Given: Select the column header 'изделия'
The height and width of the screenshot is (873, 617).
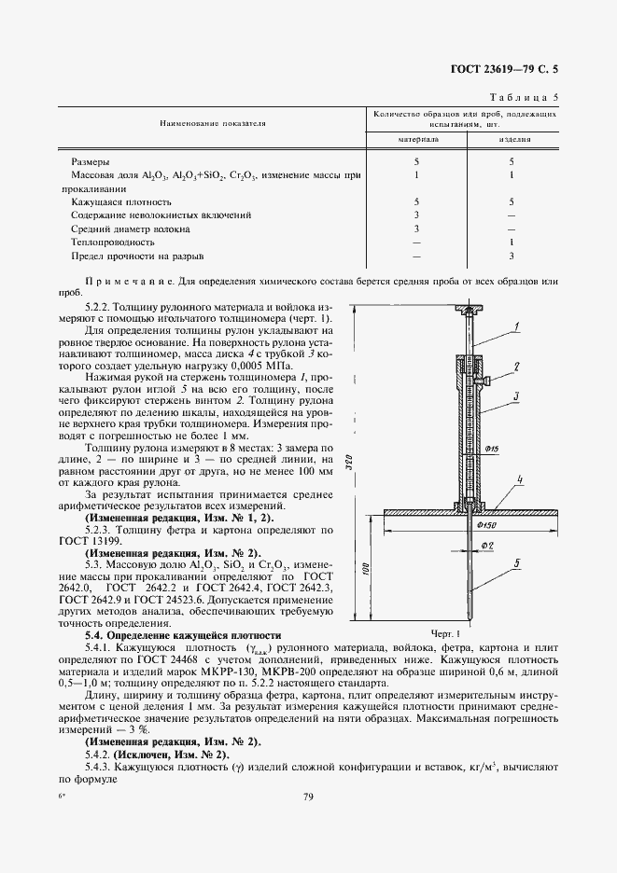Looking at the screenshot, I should [x=512, y=138].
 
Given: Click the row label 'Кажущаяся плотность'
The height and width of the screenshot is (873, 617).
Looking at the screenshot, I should [x=121, y=201].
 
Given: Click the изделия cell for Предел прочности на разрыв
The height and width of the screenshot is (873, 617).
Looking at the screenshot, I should [x=512, y=255].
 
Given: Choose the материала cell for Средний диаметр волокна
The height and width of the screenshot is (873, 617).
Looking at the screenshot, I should [x=417, y=228].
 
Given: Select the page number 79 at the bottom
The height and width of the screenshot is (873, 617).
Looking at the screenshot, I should [x=308, y=796].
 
